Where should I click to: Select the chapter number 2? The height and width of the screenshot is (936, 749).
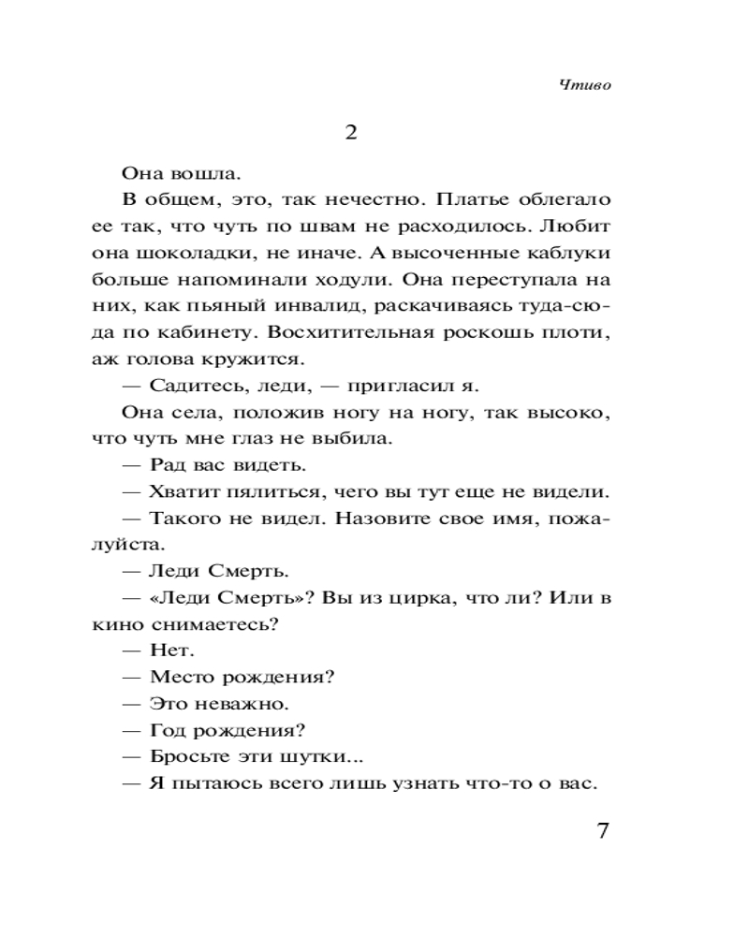coord(351,133)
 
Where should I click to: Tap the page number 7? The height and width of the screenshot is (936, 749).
coord(603,831)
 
